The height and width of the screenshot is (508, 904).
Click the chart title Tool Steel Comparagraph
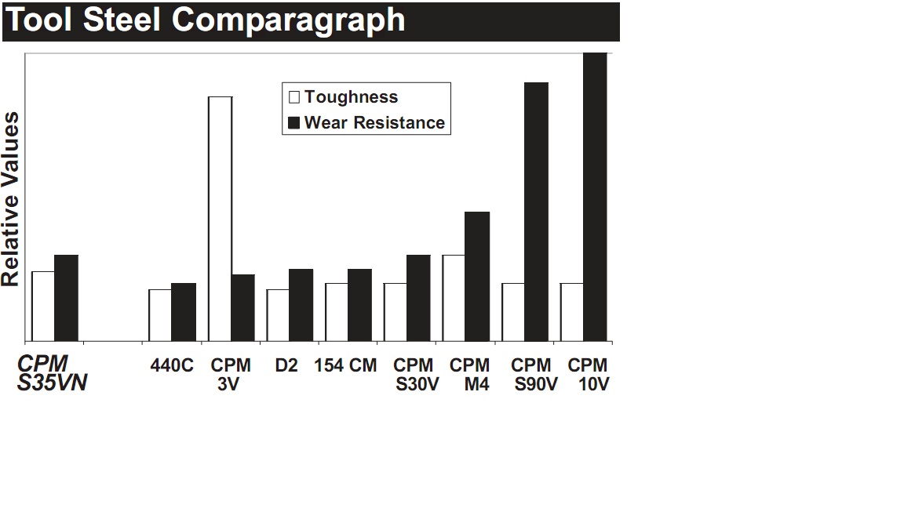[206, 20]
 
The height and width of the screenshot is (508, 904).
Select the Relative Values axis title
[11, 199]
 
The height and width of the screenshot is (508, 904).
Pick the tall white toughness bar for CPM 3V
[221, 219]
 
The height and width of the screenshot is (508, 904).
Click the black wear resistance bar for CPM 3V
[243, 307]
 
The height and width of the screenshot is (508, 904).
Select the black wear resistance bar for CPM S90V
[536, 212]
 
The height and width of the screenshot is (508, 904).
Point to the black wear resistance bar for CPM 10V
[595, 197]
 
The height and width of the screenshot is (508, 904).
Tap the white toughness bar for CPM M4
[454, 298]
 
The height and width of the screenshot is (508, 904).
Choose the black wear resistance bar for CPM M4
[477, 276]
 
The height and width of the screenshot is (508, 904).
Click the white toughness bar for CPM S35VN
[43, 306]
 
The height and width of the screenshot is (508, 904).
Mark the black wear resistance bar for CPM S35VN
[67, 298]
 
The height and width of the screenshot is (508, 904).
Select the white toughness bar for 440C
[160, 315]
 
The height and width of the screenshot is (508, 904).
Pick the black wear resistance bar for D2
[301, 305]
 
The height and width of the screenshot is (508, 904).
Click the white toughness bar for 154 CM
[337, 312]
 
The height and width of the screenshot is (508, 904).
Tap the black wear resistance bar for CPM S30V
[418, 298]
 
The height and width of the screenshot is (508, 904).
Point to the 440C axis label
[172, 366]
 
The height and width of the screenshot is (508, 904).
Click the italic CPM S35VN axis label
[52, 375]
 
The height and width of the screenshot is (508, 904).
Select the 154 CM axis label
[345, 366]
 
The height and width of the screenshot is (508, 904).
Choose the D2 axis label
[286, 366]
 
